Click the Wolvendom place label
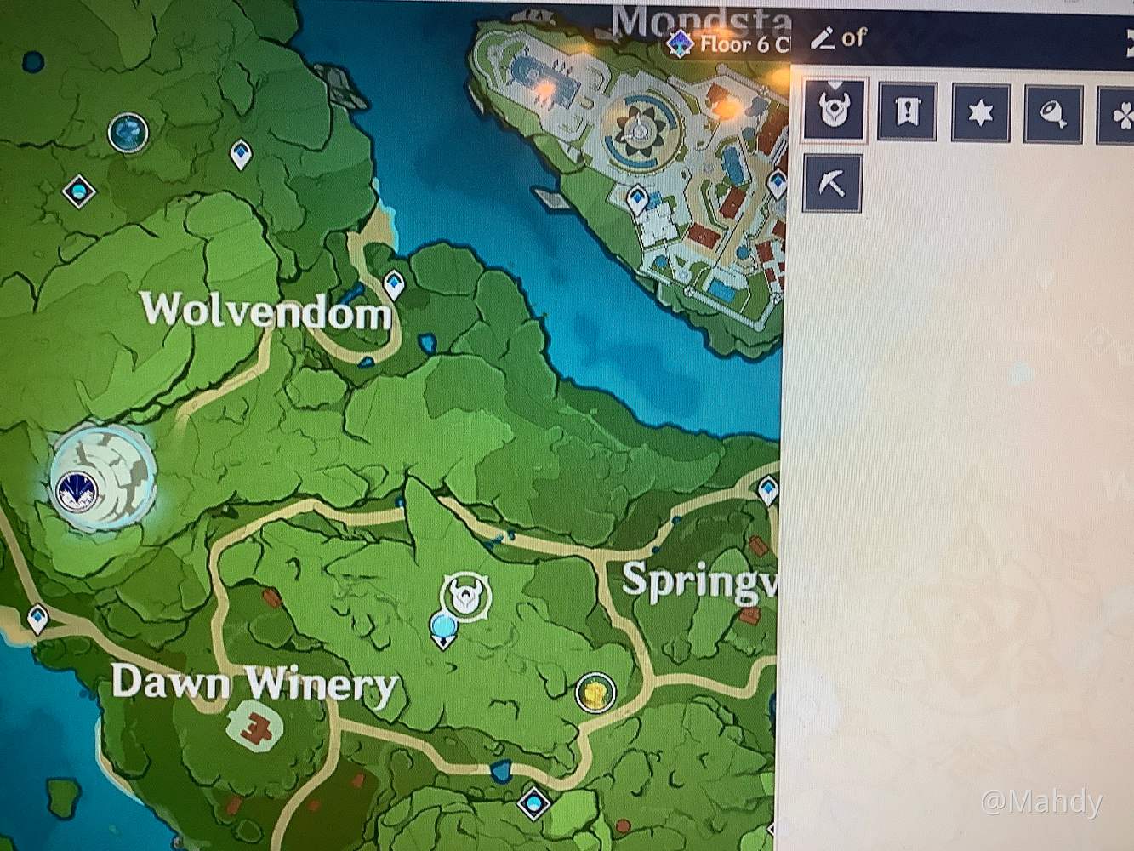266,311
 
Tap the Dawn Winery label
254,683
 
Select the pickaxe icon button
832,184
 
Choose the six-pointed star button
981,111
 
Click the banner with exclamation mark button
907,111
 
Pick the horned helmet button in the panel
834,110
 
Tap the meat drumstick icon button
1054,111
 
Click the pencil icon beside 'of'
822,38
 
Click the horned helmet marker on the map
465,595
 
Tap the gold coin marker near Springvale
595,692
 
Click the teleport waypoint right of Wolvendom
393,283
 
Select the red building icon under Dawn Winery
254,724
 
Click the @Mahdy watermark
1041,802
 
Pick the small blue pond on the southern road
500,772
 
